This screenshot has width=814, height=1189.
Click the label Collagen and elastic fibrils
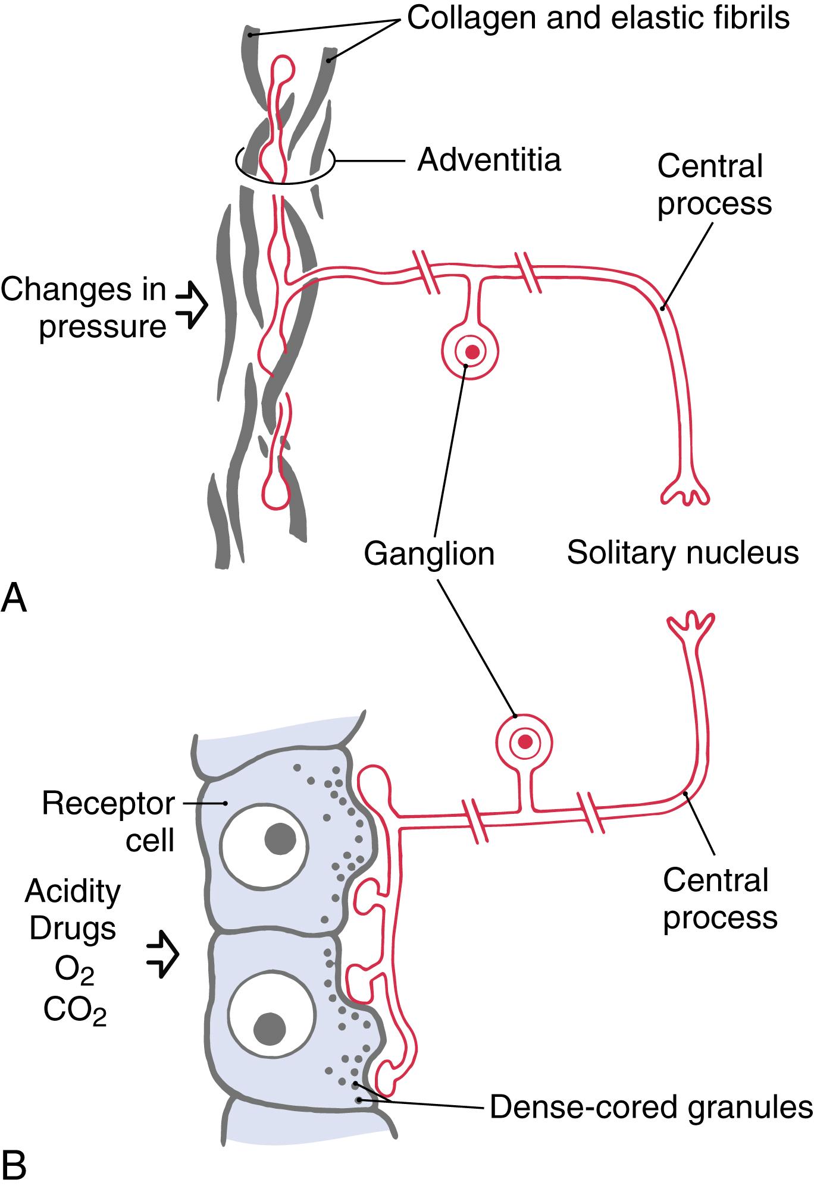click(x=598, y=18)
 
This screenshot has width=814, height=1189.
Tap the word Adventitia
click(x=489, y=160)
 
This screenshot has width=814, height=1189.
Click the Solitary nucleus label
click(x=682, y=553)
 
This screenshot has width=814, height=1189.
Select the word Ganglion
click(x=429, y=553)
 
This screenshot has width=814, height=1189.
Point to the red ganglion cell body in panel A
click(x=471, y=351)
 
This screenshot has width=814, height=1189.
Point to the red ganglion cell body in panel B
click(x=525, y=741)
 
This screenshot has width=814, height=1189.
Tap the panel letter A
click(x=14, y=599)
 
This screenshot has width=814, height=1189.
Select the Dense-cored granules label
click(x=651, y=1108)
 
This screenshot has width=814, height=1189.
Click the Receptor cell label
click(x=109, y=822)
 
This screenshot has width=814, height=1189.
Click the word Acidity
click(x=73, y=892)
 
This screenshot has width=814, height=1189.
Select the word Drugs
click(x=73, y=928)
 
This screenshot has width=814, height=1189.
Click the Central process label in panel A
click(x=714, y=185)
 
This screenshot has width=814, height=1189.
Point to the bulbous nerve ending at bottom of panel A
click(x=275, y=493)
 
